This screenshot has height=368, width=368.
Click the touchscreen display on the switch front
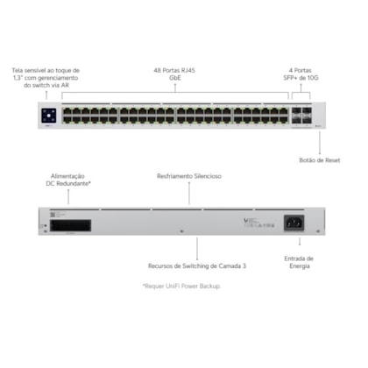[49, 116]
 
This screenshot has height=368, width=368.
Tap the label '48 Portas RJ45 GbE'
[174, 74]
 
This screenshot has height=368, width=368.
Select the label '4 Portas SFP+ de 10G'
[301, 74]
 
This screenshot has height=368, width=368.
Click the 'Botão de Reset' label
[320, 160]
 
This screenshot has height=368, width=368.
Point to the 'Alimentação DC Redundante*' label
[68, 180]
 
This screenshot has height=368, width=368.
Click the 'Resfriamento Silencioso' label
[189, 176]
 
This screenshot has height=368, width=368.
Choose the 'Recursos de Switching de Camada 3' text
[197, 266]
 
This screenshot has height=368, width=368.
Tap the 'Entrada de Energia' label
[299, 262]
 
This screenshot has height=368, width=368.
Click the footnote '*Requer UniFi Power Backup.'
[181, 287]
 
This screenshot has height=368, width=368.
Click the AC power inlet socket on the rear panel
[294, 223]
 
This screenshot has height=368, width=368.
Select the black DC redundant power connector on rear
[70, 226]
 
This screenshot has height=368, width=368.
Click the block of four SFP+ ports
[301, 116]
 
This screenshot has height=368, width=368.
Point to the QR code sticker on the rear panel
[53, 215]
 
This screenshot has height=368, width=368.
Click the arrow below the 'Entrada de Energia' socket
[300, 241]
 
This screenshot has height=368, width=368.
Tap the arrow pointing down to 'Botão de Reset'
[320, 143]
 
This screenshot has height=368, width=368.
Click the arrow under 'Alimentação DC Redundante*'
[68, 196]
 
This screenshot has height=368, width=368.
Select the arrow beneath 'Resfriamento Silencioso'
[189, 193]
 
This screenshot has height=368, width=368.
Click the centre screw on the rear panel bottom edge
[181, 231]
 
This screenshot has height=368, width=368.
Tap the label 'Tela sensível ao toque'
[46, 70]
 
